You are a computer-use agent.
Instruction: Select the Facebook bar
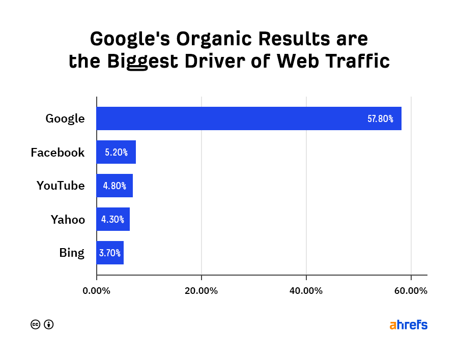[x=116, y=152]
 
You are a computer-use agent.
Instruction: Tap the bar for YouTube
[x=114, y=186]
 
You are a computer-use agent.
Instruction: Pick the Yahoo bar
[x=113, y=219]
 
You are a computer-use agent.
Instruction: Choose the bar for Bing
[x=110, y=253]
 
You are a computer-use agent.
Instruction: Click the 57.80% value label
[x=380, y=119]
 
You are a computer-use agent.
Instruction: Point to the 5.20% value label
[x=116, y=153]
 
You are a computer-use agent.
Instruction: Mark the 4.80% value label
[x=114, y=186]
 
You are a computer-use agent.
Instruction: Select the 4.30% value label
[x=113, y=220]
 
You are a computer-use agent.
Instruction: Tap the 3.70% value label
[x=110, y=253]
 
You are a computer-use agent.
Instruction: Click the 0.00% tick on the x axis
[x=97, y=291]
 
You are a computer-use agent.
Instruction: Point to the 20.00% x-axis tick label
[x=202, y=291]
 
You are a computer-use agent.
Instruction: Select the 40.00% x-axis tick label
[x=306, y=291]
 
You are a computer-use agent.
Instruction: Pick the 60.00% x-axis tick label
[x=411, y=291]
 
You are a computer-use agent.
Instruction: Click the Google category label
[x=65, y=119]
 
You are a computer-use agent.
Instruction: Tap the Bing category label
[x=72, y=253]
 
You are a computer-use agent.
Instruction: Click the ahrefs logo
[x=408, y=324]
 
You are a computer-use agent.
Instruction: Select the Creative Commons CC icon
[x=36, y=324]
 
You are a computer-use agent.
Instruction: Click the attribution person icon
[x=49, y=324]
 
